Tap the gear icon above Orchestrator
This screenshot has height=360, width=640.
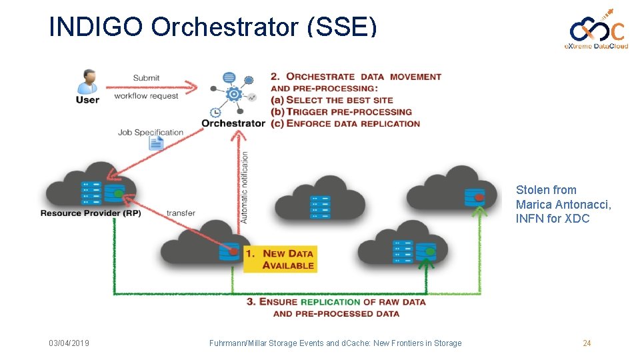click(x=233, y=94)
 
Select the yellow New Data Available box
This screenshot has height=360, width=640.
click(x=279, y=259)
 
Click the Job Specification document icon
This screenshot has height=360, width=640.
click(x=156, y=143)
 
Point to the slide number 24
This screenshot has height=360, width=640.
click(x=587, y=343)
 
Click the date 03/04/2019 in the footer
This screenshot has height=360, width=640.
click(x=69, y=343)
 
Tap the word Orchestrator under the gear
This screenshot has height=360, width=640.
click(x=233, y=123)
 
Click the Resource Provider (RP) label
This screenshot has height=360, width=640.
click(x=91, y=213)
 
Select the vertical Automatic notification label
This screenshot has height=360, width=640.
click(x=245, y=187)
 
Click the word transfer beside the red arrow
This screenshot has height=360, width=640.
click(x=181, y=213)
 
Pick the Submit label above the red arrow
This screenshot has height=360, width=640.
click(x=146, y=78)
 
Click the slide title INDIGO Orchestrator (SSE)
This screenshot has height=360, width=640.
click(x=213, y=27)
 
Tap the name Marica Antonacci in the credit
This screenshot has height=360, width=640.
click(x=563, y=204)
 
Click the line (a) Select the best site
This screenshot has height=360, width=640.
click(x=332, y=100)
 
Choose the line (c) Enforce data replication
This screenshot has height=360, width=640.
click(x=345, y=123)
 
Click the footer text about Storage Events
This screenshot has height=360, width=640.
click(x=335, y=343)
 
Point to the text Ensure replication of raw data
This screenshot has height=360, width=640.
click(x=336, y=302)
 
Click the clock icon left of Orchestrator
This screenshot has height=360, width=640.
click(x=215, y=113)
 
